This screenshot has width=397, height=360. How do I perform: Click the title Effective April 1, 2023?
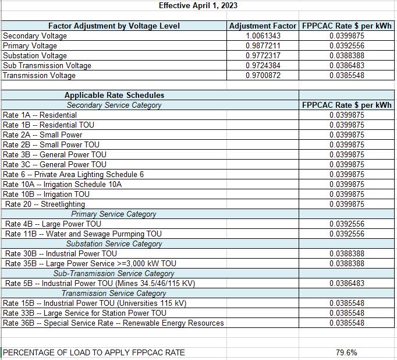[198, 6]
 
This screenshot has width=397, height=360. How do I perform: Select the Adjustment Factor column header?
[263, 26]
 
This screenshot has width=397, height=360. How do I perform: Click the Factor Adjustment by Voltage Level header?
[114, 26]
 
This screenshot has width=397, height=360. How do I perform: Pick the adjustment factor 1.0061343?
[263, 36]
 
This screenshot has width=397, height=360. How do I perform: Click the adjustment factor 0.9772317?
[263, 56]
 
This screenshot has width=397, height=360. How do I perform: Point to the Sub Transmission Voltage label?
[47, 66]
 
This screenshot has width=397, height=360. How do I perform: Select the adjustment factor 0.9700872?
[263, 76]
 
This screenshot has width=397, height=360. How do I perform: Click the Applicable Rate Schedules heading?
[114, 95]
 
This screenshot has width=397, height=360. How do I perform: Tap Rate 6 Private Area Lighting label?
[73, 174]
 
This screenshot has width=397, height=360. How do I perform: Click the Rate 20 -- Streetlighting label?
[45, 204]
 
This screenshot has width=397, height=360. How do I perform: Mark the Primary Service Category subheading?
[114, 214]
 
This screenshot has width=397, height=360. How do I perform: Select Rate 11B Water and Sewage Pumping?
[83, 234]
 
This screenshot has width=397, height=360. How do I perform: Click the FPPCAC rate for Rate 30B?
[347, 253]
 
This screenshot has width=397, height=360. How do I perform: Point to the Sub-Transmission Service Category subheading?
[114, 273]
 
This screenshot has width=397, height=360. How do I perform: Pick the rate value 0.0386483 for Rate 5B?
[347, 283]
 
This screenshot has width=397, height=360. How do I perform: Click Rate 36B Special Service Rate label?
[114, 323]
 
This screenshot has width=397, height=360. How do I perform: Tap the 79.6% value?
[347, 352]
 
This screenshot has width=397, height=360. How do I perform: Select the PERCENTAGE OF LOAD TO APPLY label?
[94, 352]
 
